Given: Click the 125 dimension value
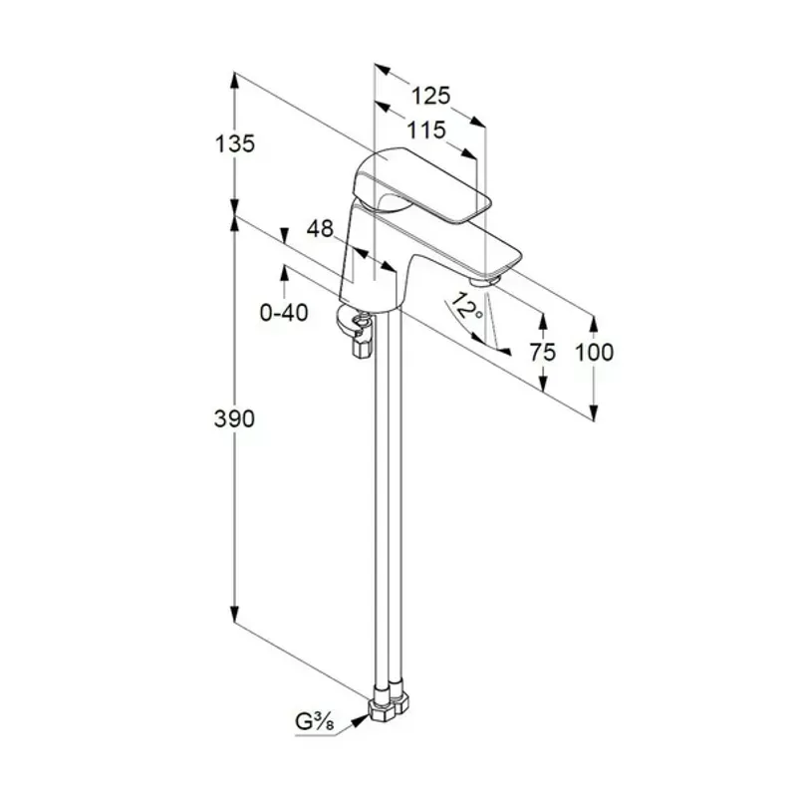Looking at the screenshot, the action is click(x=430, y=96).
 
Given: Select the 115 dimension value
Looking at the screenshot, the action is click(x=426, y=131).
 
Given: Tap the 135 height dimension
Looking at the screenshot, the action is click(x=235, y=144).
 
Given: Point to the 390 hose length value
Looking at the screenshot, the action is click(x=234, y=419).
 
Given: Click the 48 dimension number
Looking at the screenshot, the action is click(x=320, y=229).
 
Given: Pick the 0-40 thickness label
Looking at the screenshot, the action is click(x=284, y=313).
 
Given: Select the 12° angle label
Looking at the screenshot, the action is click(x=467, y=306).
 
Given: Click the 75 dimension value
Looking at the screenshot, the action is click(x=543, y=353).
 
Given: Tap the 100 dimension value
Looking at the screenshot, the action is click(x=594, y=353).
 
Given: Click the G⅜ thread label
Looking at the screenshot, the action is click(x=315, y=722).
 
